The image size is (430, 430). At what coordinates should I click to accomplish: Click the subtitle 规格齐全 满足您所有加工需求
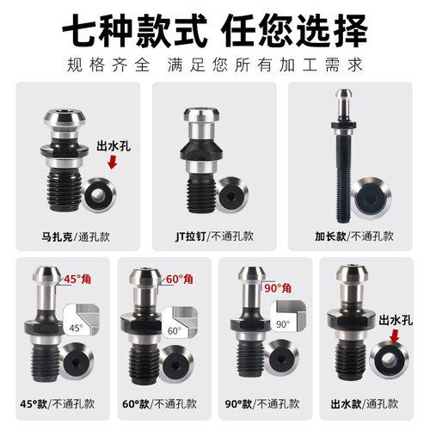pos(214,64)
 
